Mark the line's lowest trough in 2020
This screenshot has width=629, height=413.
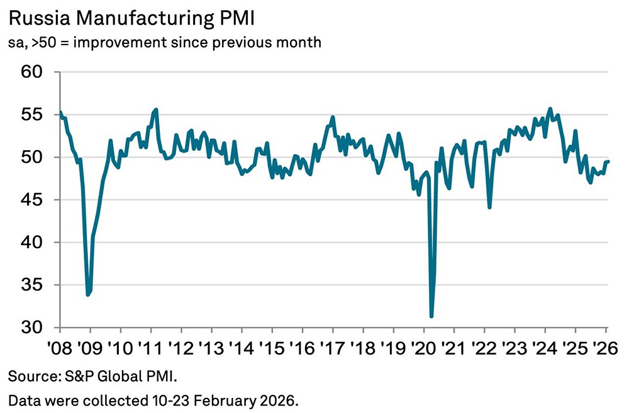[x=431, y=317]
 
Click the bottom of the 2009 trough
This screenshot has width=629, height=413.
[x=88, y=295]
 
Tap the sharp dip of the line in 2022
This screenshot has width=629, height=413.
[x=489, y=207]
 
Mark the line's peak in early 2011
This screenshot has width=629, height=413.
[x=156, y=109]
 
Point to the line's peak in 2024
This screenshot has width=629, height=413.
[x=550, y=109]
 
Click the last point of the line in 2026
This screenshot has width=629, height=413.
[x=608, y=162]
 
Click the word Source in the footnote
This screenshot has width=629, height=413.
[x=28, y=377]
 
